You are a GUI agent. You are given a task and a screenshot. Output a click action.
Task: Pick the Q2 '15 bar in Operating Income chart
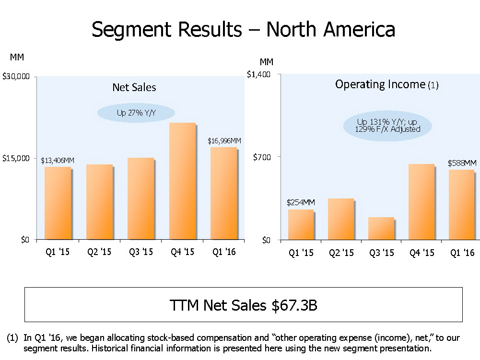pos(340,219)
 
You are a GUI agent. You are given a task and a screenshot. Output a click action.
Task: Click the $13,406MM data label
pos(58,160)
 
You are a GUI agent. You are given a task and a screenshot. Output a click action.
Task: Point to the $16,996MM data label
pos(224,141)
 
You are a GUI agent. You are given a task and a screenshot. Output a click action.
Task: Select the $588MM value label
pos(462,163)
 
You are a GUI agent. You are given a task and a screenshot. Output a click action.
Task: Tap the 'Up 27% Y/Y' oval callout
pos(136,113)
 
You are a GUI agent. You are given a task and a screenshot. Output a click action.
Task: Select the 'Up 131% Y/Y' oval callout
pos(387,126)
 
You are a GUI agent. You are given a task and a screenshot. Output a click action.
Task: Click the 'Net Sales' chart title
pos(134,87)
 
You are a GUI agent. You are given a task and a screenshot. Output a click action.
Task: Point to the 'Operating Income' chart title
pos(380,85)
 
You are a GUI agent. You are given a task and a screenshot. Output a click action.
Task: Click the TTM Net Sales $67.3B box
pos(243,305)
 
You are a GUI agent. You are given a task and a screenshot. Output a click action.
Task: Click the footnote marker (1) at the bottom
pos(13,338)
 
